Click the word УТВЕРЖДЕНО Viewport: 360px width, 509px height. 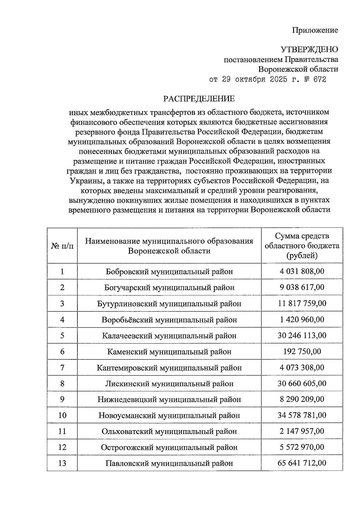coord(309,49)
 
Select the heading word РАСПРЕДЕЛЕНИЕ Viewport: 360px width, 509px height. coord(199,99)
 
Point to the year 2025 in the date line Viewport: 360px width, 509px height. coord(270,79)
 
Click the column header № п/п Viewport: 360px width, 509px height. coord(62,246)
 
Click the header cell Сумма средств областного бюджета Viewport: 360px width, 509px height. coord(302,246)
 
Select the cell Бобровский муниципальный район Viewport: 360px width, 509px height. coord(169,272)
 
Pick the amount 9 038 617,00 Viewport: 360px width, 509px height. coord(302,287)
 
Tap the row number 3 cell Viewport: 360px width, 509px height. coord(62,303)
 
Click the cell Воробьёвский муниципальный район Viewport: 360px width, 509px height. coord(169,320)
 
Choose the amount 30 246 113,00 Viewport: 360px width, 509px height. coord(302,335)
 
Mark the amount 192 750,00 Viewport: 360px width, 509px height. coord(302,351)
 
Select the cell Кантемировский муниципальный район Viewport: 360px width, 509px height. coord(169,368)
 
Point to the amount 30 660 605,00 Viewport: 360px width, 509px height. coord(302,383)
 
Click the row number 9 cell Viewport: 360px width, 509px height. coord(62,399)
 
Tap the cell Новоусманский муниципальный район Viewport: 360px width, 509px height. coord(169,415)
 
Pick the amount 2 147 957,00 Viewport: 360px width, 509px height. coord(302,431)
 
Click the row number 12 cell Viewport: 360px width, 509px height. coord(62,447)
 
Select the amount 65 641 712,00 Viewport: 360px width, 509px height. coord(302,463)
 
